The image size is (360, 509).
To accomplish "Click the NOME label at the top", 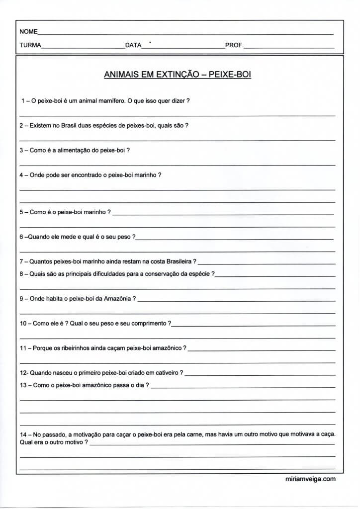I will coord(28,32).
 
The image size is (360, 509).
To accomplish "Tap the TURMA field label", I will coord(30,45).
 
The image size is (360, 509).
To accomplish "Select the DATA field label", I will coord(133,45).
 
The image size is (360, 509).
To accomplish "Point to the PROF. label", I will coord(234,45).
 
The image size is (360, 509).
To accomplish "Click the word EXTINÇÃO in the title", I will coord(178,75).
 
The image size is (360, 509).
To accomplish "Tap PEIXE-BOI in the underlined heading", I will coord(230,75).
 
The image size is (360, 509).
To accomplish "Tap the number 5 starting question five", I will coord(21,212).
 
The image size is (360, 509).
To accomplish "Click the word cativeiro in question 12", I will coord(165,373).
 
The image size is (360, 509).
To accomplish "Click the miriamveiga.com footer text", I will coord(308,479).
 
